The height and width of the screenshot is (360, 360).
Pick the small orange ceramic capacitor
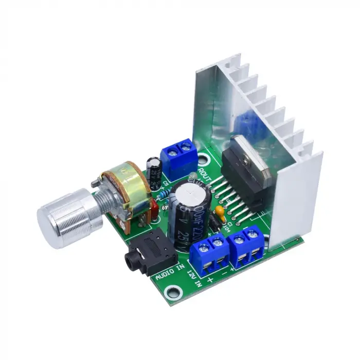coord(221,211)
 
